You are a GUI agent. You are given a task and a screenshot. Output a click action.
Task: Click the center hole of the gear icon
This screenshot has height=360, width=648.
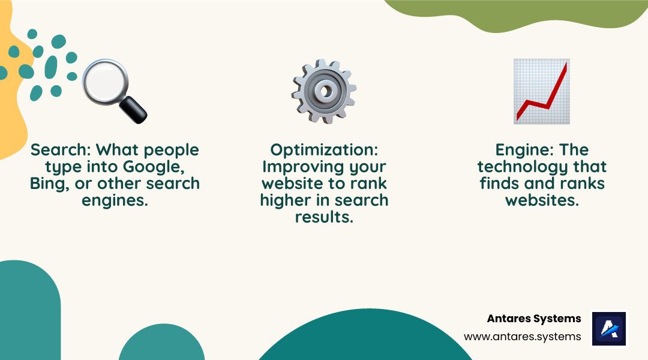(325, 91)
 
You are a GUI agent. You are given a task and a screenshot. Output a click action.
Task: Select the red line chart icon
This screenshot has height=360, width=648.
(542, 91)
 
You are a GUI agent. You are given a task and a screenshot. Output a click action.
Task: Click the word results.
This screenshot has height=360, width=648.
(324, 217)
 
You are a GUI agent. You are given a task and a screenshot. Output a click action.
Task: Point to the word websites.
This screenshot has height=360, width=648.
(542, 200)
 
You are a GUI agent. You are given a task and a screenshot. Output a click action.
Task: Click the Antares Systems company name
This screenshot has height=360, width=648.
(534, 319)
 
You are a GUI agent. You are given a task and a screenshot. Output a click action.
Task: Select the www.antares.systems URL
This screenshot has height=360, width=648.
(522, 337)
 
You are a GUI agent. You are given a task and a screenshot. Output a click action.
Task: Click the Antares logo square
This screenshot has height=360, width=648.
(609, 328)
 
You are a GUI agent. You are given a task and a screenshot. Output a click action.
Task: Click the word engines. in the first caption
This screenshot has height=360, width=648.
(115, 200)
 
